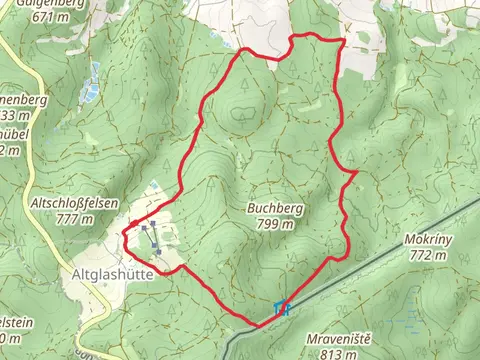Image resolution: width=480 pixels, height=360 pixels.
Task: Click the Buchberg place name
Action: click(x=274, y=208)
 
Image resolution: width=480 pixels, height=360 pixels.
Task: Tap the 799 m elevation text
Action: click(x=274, y=224)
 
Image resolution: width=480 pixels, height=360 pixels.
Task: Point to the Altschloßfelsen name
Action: click(x=75, y=203)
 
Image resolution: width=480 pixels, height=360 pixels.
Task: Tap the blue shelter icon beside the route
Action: click(x=282, y=308)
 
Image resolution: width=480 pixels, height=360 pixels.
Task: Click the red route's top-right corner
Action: click(x=343, y=41)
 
